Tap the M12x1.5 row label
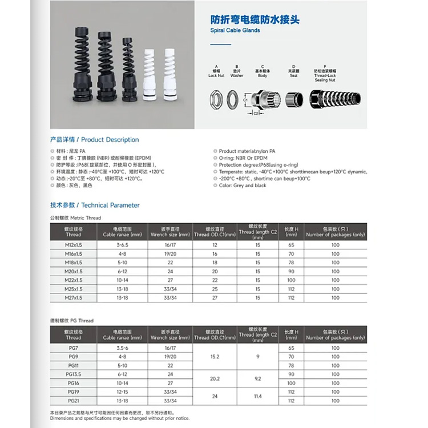point(74,245)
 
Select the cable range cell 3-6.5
point(122,245)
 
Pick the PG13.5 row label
point(74,374)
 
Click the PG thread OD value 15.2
point(215,357)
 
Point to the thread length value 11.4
point(258,395)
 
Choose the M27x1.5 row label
point(74,297)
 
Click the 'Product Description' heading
point(94,140)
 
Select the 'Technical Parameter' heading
point(95,205)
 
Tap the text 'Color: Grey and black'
point(243,185)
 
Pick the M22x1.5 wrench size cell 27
point(171,280)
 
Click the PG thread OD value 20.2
point(215,378)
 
